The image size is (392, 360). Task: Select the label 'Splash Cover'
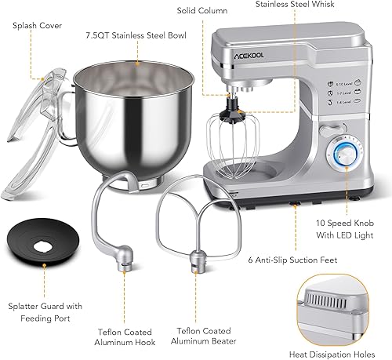38,25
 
